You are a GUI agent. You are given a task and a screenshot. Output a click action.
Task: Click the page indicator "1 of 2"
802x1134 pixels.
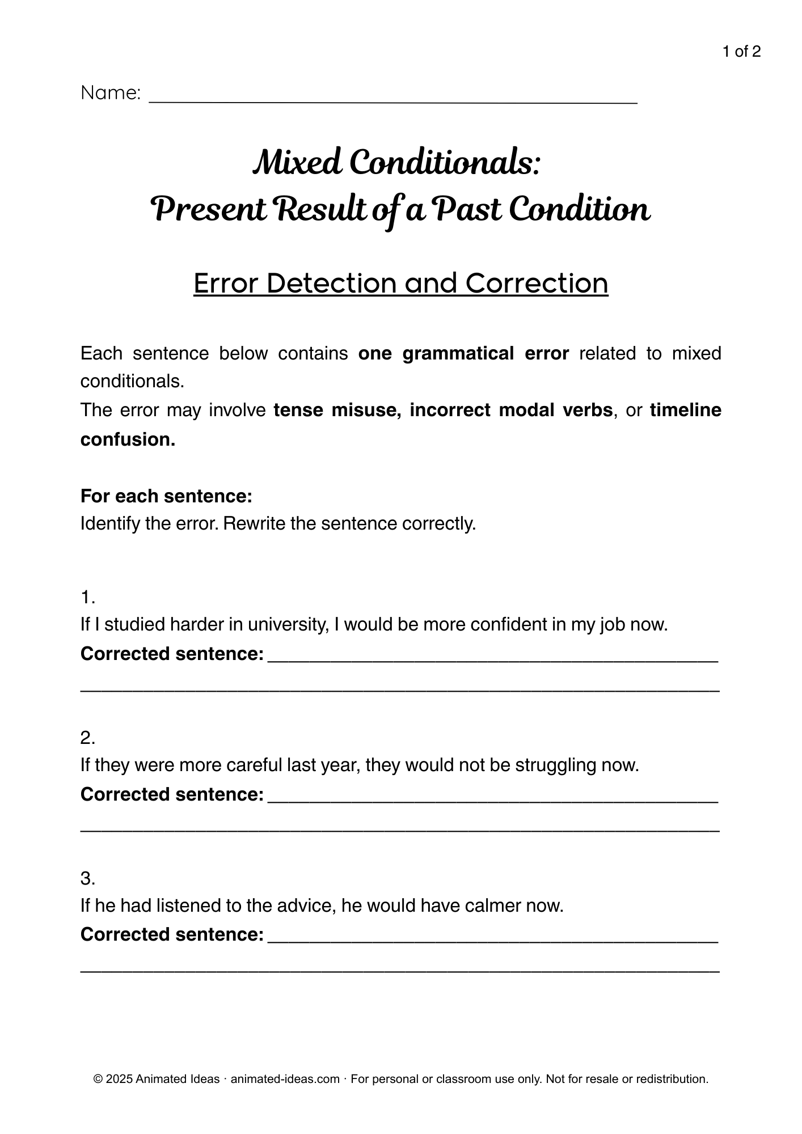click(x=741, y=52)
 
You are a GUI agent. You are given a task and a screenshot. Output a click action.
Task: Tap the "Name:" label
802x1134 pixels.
click(x=111, y=93)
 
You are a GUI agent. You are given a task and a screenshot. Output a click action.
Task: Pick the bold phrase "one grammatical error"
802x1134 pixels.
click(x=463, y=353)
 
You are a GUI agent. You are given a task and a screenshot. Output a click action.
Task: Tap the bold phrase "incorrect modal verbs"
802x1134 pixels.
click(x=510, y=410)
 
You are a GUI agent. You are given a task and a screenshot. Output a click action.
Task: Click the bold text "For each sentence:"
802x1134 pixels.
click(x=166, y=496)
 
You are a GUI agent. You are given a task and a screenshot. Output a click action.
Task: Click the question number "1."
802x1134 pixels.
click(x=87, y=597)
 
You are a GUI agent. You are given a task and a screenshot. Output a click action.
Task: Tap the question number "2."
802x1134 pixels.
click(x=87, y=738)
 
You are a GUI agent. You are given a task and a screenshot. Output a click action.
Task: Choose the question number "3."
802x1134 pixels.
click(x=87, y=878)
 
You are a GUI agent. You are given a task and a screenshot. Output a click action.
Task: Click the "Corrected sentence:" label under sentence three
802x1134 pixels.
click(x=172, y=934)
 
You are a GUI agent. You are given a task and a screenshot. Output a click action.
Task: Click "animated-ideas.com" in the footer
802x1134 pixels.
click(x=285, y=1079)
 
